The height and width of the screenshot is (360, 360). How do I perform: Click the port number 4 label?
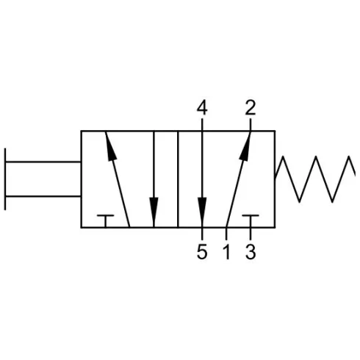click(202, 108)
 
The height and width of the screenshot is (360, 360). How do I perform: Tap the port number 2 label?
click(251, 108)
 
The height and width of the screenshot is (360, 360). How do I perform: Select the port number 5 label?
click(202, 252)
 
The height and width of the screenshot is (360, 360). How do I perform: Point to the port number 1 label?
click(227, 252)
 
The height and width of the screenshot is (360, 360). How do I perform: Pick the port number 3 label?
click(251, 252)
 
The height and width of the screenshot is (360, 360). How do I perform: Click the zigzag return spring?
click(315, 179)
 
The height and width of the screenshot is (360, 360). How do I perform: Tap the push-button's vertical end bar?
click(5, 179)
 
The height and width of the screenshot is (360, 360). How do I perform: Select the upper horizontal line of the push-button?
click(43, 162)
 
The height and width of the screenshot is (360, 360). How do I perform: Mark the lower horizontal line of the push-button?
click(43, 196)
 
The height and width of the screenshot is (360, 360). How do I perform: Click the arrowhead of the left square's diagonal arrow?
click(111, 146)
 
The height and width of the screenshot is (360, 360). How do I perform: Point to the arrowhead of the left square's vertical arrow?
click(154, 212)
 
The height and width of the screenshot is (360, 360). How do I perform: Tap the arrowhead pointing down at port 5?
click(202, 212)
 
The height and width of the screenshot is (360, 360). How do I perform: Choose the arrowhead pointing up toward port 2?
click(245, 146)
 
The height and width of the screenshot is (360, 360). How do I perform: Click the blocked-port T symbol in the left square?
click(105, 221)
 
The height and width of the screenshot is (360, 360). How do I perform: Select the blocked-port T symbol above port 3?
click(251, 221)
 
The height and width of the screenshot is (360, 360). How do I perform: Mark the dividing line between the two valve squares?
click(178, 179)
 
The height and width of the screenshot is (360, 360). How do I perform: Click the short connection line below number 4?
click(202, 125)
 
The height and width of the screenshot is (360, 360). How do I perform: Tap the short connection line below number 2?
click(251, 125)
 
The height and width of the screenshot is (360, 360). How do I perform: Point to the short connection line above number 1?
click(226, 234)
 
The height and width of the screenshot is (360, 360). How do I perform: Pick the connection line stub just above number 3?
click(251, 234)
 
